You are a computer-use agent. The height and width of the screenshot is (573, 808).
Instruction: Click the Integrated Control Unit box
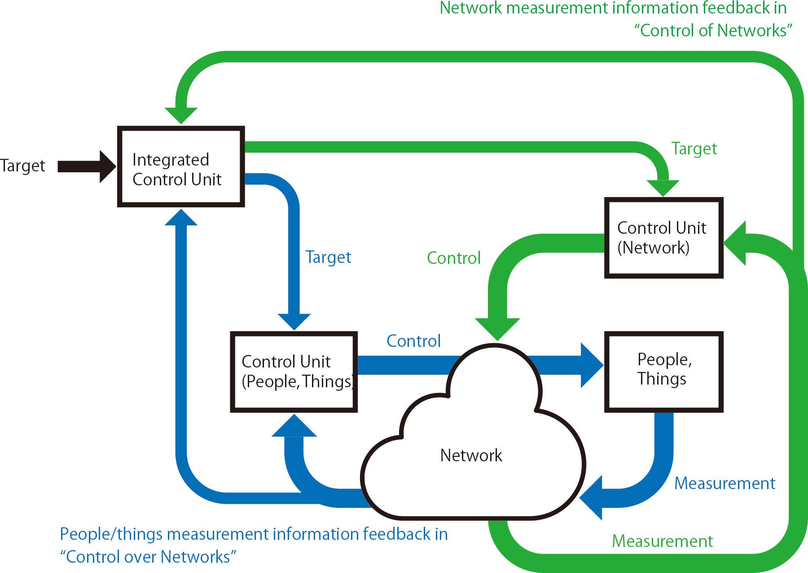(x=181, y=166)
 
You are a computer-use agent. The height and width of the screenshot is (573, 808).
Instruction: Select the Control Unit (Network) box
(x=663, y=238)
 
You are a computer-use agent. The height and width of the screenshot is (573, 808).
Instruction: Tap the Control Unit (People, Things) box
(x=294, y=372)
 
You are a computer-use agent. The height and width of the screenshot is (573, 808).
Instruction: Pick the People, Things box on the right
(x=663, y=372)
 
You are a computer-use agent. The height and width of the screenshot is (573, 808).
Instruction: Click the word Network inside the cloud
(x=471, y=455)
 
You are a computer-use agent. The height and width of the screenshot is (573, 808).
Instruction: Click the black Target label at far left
(x=22, y=166)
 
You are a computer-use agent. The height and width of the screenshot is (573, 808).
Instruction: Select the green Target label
(x=694, y=149)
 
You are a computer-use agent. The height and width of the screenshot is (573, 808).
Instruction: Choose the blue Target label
(x=328, y=257)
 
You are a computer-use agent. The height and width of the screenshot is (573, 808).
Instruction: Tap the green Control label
(x=453, y=258)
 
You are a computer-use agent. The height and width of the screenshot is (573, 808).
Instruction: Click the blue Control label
(x=413, y=341)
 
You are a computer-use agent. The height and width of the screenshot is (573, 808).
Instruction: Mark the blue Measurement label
(x=725, y=483)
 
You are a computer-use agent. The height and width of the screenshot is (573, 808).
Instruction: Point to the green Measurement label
(x=662, y=541)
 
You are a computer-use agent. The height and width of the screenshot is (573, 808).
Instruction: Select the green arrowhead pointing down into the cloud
(x=497, y=328)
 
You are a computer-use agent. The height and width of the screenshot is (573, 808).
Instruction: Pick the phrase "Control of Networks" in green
(x=713, y=31)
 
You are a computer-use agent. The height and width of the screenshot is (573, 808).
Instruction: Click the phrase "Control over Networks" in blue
(x=148, y=557)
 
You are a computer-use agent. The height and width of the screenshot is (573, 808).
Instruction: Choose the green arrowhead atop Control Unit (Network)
(x=663, y=187)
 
